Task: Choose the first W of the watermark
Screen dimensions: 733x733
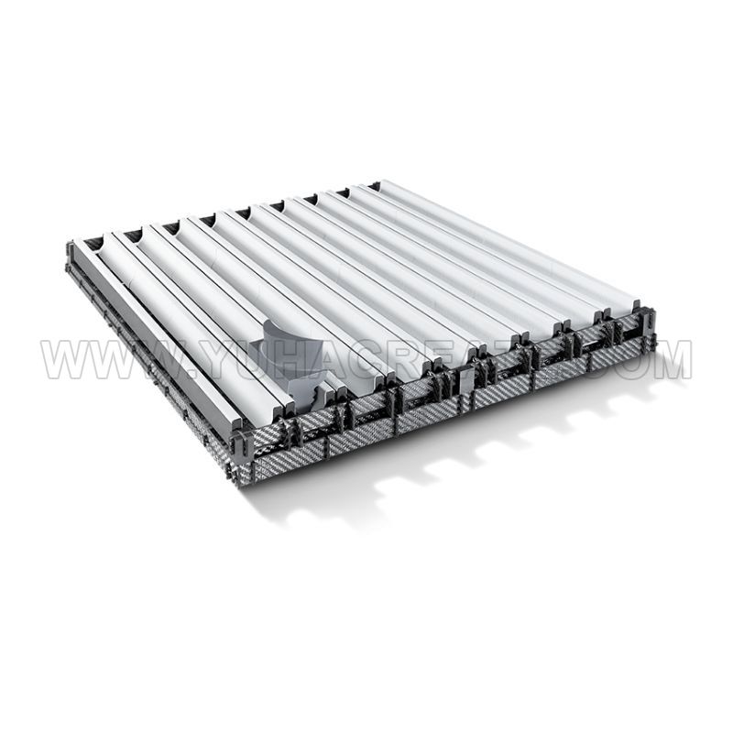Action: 65,360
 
